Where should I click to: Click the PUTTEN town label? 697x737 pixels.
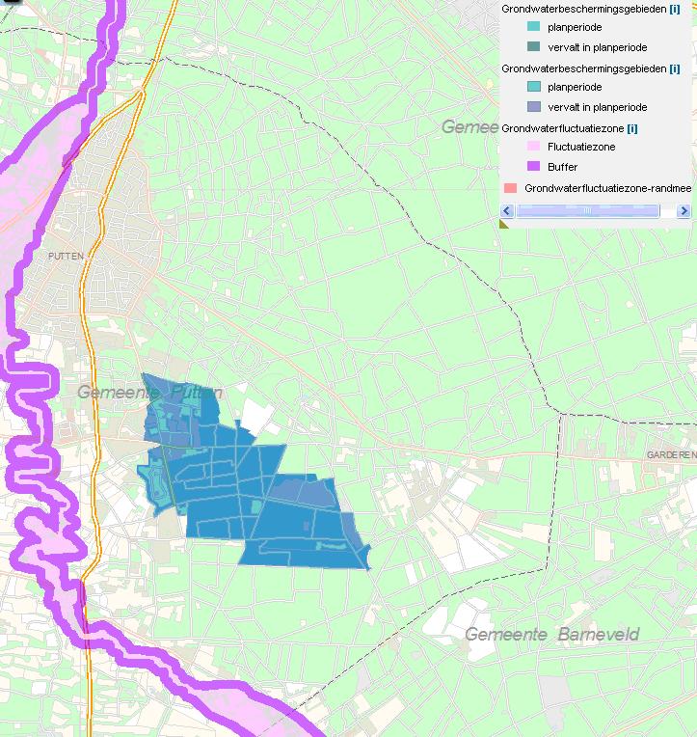click(x=66, y=256)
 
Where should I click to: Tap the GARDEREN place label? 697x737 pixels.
click(x=670, y=454)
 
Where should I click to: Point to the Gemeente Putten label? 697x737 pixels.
click(x=149, y=393)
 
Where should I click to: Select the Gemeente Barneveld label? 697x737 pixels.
click(x=551, y=634)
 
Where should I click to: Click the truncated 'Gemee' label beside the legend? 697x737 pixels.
click(x=470, y=126)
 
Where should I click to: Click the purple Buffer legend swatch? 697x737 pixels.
click(x=533, y=167)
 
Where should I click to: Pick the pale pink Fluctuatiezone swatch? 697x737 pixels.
click(x=533, y=147)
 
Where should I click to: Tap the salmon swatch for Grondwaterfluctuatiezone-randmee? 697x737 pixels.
click(x=510, y=187)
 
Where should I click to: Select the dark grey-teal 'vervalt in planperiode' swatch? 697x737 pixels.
click(x=533, y=46)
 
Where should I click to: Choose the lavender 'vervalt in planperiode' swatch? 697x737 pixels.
click(x=533, y=107)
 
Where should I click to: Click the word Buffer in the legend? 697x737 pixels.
click(x=562, y=167)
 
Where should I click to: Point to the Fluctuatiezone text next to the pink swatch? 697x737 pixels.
click(x=580, y=147)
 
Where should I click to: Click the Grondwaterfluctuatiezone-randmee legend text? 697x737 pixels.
click(x=607, y=187)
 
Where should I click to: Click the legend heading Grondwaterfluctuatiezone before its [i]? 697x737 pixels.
click(x=562, y=127)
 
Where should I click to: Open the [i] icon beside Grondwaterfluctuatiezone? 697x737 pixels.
click(x=631, y=127)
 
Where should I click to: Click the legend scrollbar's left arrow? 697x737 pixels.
click(x=508, y=210)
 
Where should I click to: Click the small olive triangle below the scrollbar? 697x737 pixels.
click(x=504, y=224)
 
